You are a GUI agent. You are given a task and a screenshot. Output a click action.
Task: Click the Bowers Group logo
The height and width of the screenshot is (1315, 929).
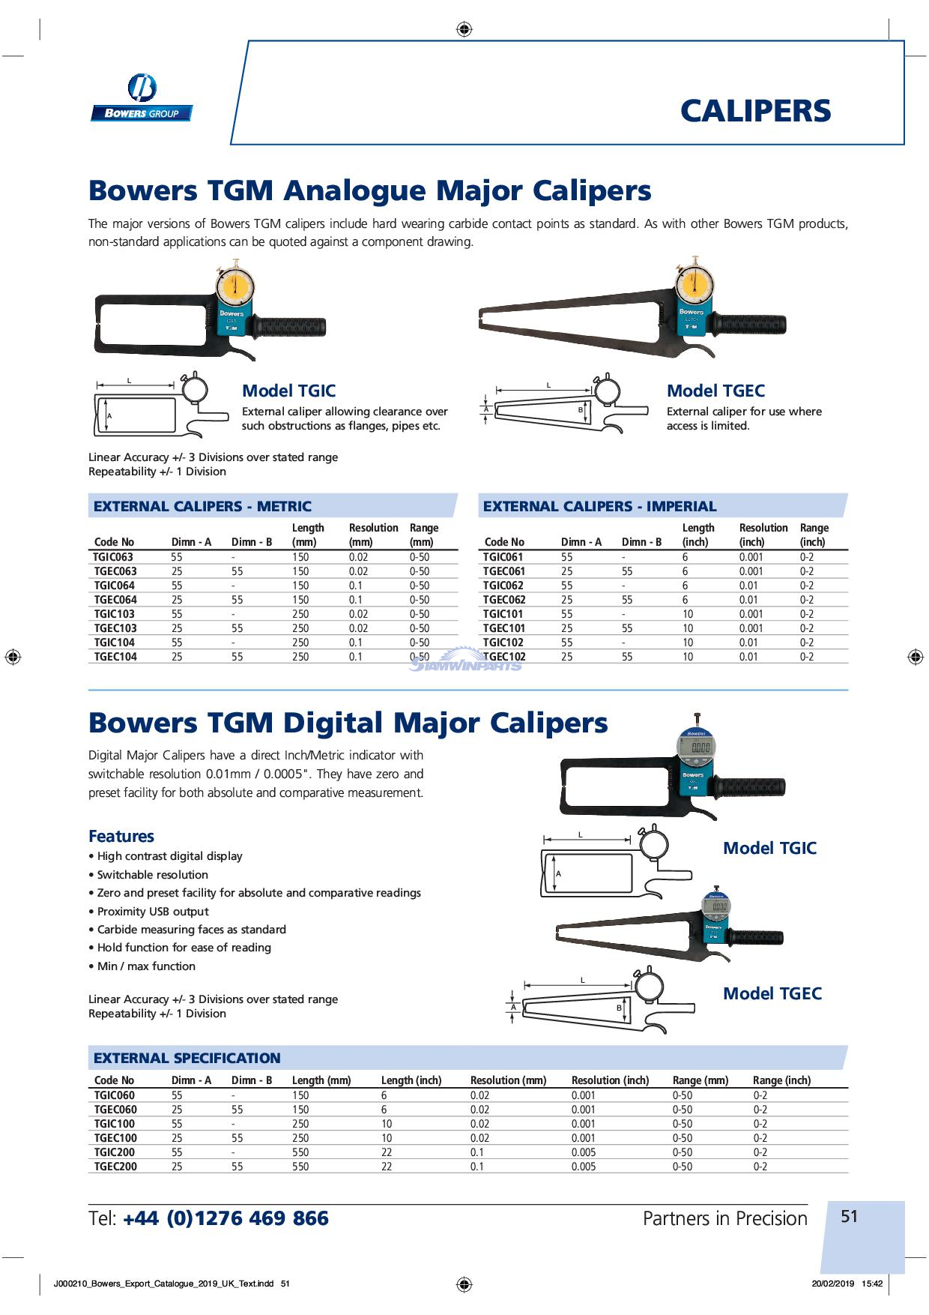[x=142, y=98]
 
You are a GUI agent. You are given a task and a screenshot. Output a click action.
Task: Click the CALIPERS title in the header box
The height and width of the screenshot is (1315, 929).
[x=755, y=111]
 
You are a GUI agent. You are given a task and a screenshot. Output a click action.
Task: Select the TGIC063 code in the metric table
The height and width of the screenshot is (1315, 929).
[x=114, y=557]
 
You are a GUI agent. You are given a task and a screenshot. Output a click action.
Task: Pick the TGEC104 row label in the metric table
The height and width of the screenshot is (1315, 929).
[x=115, y=657]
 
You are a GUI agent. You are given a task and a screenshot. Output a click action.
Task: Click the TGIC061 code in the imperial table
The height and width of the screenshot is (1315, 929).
[x=503, y=557]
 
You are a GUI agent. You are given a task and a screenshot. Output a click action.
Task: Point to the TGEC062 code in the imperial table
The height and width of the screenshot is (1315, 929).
[x=504, y=600]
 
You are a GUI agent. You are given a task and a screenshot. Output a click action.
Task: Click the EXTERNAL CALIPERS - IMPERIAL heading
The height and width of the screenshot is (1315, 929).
[x=599, y=506]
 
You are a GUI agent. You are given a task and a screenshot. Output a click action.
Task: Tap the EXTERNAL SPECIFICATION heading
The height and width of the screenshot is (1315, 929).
[x=187, y=1058]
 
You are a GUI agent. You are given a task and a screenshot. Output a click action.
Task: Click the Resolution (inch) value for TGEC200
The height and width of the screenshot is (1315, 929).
[x=584, y=1167]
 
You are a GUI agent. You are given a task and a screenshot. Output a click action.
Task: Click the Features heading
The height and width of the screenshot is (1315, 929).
[x=121, y=836]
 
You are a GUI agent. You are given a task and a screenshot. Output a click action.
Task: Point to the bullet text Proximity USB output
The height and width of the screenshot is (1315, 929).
[x=153, y=912]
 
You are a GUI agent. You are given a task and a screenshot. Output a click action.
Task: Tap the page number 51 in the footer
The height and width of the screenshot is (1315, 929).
[x=849, y=1216]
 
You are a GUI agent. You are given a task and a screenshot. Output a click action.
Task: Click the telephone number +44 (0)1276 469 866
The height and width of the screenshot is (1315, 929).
[x=226, y=1218]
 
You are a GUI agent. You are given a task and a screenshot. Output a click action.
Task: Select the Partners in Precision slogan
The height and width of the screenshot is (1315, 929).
[x=724, y=1218]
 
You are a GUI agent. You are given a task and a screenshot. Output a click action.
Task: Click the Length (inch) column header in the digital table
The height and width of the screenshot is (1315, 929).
[x=411, y=1080]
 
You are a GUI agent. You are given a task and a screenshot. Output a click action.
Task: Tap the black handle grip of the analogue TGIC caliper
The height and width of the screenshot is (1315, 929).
[x=292, y=328]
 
